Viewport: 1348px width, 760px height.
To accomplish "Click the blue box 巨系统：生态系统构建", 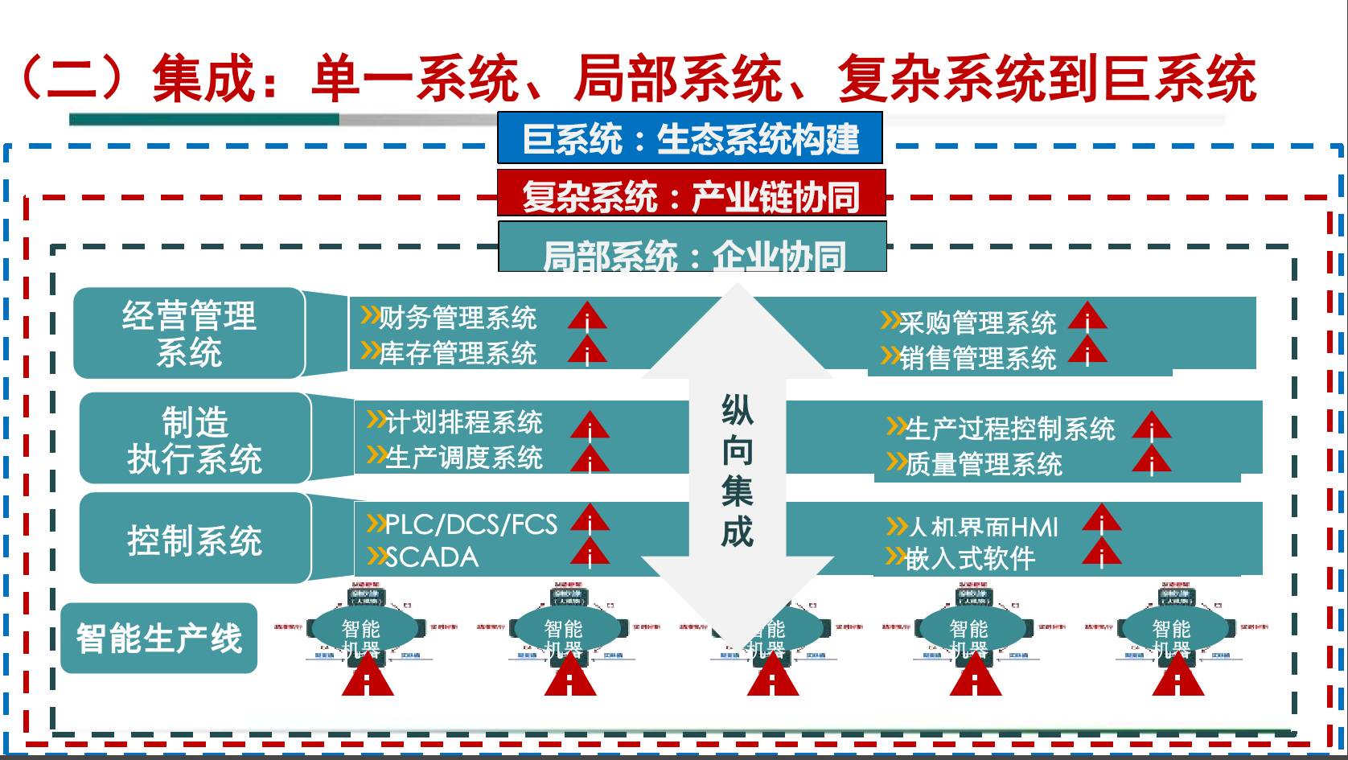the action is pyautogui.click(x=690, y=139).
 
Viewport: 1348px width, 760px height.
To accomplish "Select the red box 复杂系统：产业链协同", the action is pyautogui.click(x=691, y=195).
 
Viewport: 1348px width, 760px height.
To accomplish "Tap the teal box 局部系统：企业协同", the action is pyautogui.click(x=692, y=249).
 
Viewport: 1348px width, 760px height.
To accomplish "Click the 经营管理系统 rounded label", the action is pyautogui.click(x=189, y=333).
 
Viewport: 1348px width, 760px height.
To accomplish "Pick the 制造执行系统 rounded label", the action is pyautogui.click(x=195, y=439).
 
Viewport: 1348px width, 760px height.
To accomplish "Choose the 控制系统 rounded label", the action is pyautogui.click(x=195, y=539).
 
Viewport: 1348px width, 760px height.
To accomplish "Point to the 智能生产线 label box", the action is pyautogui.click(x=159, y=639).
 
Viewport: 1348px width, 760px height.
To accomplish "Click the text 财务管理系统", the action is pyautogui.click(x=457, y=318).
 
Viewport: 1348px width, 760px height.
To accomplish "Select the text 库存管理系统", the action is pyautogui.click(x=457, y=353).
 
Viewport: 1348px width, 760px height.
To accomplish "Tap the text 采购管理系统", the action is pyautogui.click(x=976, y=322).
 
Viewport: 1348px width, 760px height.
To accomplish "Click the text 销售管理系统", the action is pyautogui.click(x=976, y=358).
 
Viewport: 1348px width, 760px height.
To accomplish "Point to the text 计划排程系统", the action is pyautogui.click(x=463, y=422).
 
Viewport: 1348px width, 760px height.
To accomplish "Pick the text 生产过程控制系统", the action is pyautogui.click(x=1009, y=429).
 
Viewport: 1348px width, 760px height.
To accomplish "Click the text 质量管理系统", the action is pyautogui.click(x=983, y=464).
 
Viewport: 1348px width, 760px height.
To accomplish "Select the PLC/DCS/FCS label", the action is pyautogui.click(x=471, y=524).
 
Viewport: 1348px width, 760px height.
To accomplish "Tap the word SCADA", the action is pyautogui.click(x=431, y=557).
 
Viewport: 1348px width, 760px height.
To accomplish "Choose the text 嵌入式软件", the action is pyautogui.click(x=970, y=558).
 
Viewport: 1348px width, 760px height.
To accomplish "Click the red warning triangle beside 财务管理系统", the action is pyautogui.click(x=587, y=316).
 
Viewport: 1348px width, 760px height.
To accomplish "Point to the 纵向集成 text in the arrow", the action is pyautogui.click(x=737, y=470).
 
